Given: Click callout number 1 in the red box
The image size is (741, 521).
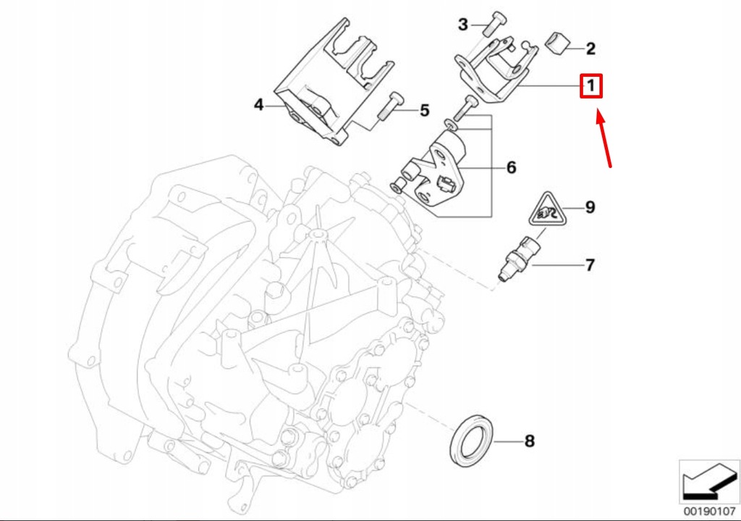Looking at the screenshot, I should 590,87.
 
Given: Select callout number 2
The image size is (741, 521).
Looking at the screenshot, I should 590,49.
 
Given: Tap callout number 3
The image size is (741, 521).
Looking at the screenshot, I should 463,25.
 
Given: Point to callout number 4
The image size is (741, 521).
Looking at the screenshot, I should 259,105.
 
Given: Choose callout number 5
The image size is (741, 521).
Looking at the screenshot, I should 424,110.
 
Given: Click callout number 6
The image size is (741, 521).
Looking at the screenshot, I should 511,167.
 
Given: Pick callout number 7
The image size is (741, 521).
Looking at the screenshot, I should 590,265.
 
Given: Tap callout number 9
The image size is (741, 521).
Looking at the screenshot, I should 590,208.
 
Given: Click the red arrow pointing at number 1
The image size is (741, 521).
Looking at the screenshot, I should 604,138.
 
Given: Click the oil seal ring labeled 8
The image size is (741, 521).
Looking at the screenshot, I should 472,440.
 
